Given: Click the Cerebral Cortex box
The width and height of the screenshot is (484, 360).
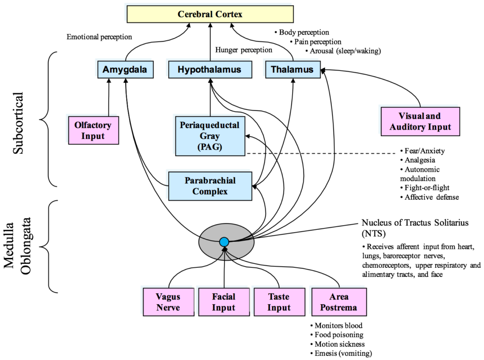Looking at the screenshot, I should (x=210, y=14).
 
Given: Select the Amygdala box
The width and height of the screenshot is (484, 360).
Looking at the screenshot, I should (x=125, y=70).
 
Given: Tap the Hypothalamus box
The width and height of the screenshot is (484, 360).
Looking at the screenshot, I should (x=209, y=70).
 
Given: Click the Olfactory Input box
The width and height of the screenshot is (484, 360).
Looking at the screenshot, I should (x=93, y=131).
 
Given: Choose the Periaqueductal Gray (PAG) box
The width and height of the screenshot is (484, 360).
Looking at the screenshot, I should (x=210, y=136).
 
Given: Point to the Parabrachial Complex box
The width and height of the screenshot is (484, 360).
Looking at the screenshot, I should (x=210, y=186).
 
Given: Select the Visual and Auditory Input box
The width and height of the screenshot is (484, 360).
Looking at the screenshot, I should (x=420, y=121).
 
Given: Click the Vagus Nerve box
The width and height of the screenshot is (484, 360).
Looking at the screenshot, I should (x=168, y=302).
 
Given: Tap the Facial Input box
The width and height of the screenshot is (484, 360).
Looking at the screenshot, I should (x=223, y=302).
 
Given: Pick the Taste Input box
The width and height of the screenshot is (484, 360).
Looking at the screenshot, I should (x=279, y=302).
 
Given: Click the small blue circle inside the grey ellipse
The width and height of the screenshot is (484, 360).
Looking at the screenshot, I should (x=224, y=242).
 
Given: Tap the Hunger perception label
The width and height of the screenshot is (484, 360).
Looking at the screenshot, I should (x=244, y=50).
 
